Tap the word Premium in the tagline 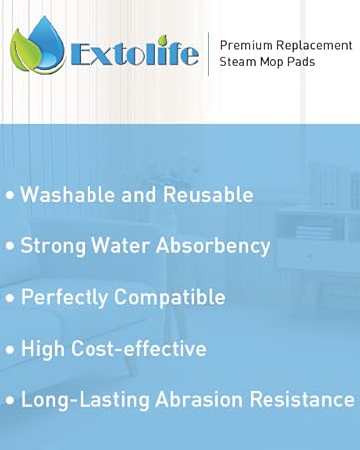coord(244,45)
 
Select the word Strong coord(52,245)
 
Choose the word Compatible coord(174,297)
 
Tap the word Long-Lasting coord(80,399)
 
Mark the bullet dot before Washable coord(9,196)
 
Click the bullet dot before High coord(9,350)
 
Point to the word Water coord(120,245)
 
